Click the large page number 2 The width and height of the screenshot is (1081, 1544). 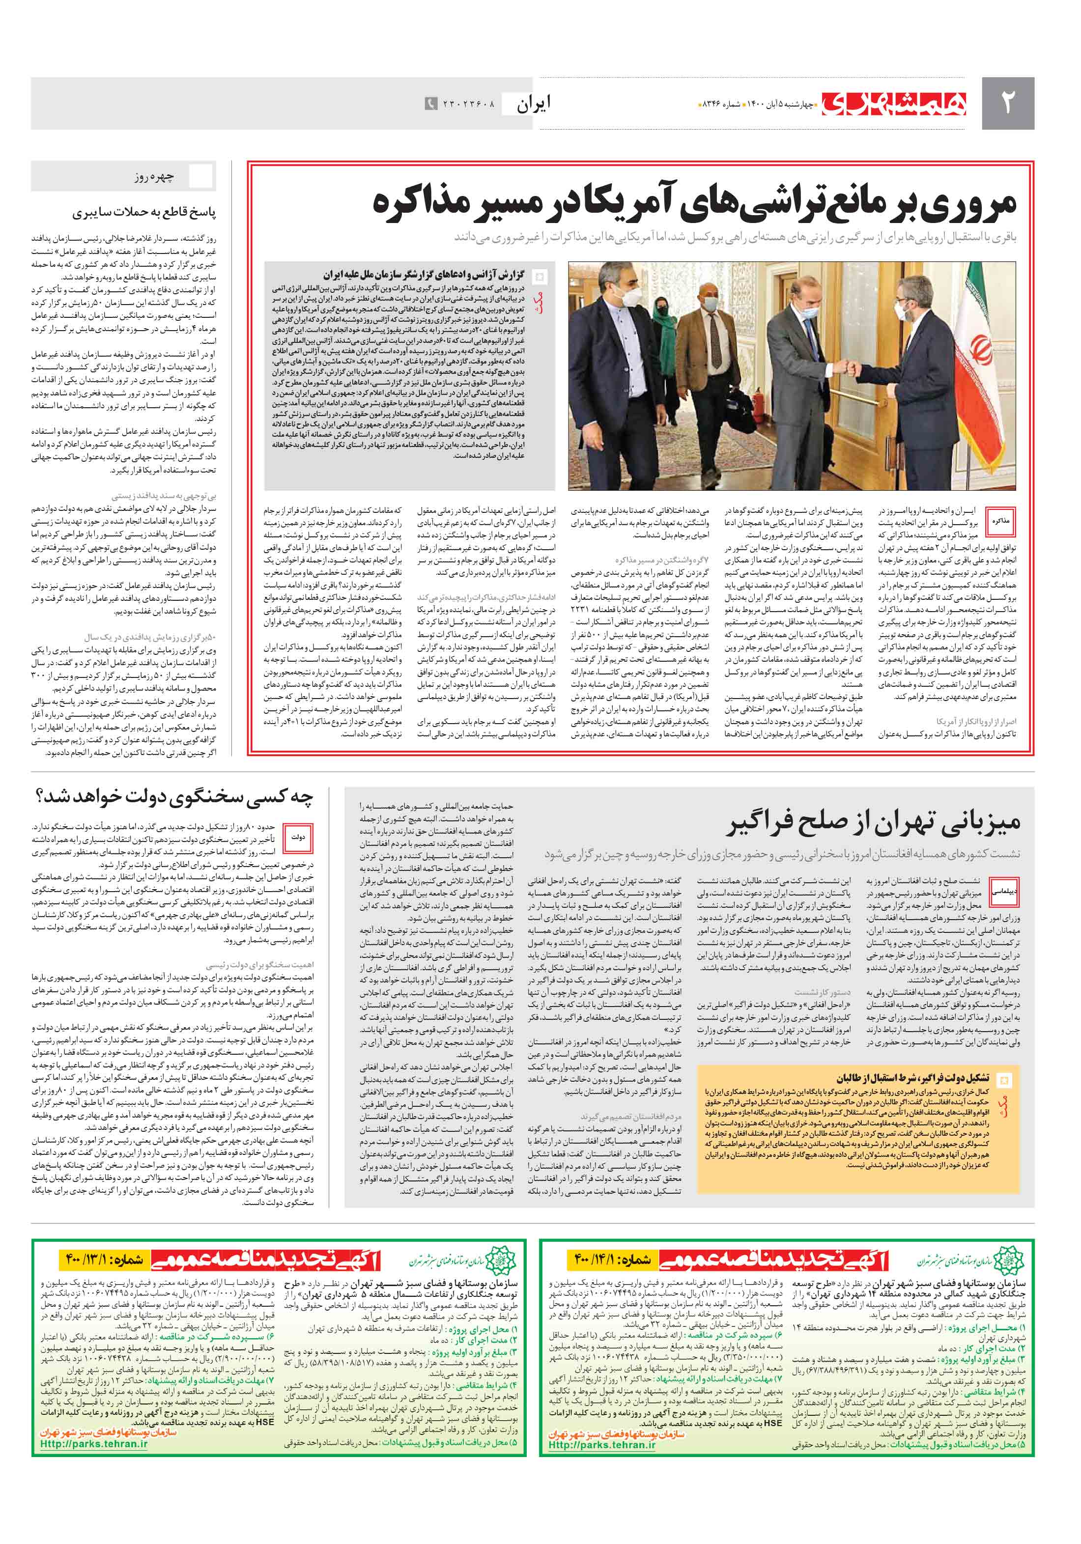point(1007,102)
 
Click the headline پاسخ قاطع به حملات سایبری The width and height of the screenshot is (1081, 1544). point(144,213)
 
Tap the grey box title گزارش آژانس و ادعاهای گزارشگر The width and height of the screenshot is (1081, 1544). point(423,275)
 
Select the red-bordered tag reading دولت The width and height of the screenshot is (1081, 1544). point(298,837)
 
